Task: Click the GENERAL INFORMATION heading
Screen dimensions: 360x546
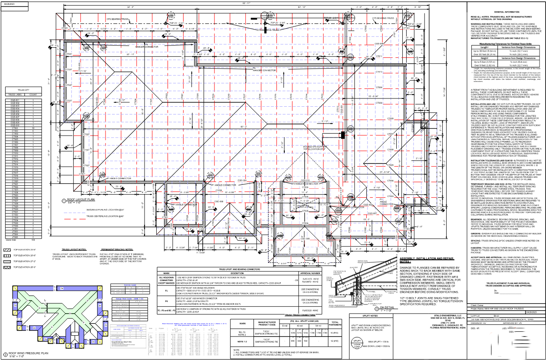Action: pyautogui.click(x=506, y=12)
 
